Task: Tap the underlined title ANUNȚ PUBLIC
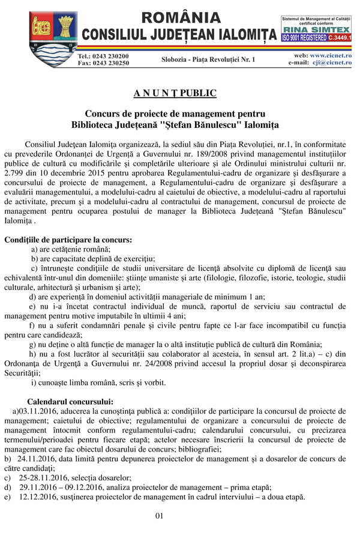pos(175,93)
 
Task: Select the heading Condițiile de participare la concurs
pos(68,240)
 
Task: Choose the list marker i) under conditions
pos(34,382)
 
